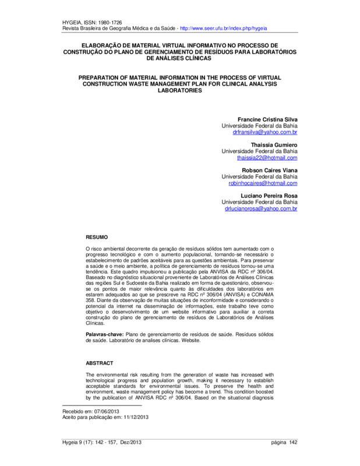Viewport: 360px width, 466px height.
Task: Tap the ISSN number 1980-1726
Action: coord(111,22)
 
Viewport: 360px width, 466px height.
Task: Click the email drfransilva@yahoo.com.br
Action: coord(265,133)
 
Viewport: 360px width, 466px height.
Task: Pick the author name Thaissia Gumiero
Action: coord(274,144)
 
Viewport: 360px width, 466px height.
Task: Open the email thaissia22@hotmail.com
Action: coord(267,158)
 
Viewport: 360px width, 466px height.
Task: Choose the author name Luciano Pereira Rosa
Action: coord(269,195)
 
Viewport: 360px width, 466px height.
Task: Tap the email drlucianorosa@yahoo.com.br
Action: coord(260,208)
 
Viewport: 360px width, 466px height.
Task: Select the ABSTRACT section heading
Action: coord(100,362)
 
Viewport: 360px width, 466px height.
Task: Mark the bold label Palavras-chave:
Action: coord(104,334)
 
